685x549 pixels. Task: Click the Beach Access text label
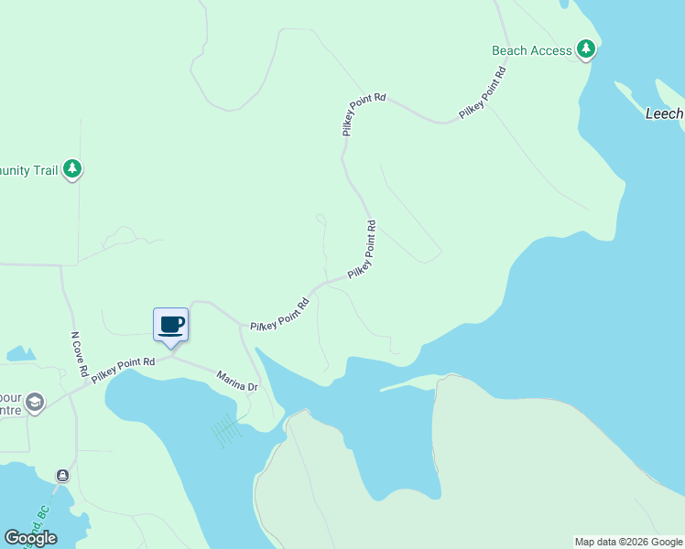[x=531, y=50]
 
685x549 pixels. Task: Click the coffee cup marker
[x=171, y=324]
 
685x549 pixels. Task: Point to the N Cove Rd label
[x=79, y=355]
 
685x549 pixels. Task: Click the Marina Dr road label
[x=237, y=381]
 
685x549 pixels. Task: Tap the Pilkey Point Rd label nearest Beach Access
[x=484, y=92]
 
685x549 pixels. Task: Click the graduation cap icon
[x=35, y=403]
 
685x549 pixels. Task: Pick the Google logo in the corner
[x=30, y=538]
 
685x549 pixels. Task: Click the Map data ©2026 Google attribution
[x=628, y=542]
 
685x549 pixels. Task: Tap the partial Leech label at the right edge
[x=664, y=113]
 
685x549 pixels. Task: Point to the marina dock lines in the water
[x=225, y=428]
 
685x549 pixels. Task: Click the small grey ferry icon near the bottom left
[x=62, y=476]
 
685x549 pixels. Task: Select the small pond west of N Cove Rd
[x=20, y=353]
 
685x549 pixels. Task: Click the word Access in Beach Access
[x=551, y=50]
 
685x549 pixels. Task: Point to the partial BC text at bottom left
[x=39, y=518]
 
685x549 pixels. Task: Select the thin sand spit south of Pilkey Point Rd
[x=412, y=382]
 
